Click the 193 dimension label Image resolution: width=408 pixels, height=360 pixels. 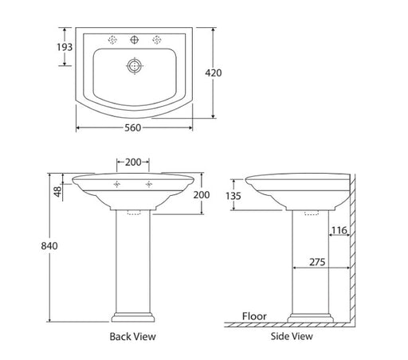coord(65,47)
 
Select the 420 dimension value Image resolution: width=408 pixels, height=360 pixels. coord(214,72)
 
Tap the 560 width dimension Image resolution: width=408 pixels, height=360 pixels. coord(133,128)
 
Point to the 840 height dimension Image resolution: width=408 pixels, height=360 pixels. coord(49,246)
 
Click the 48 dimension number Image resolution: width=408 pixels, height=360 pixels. coord(57,191)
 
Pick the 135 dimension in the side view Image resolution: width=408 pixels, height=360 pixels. coord(233,196)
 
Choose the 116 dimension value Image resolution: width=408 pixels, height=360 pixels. coord(339,230)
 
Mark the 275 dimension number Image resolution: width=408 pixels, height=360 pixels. coord(317,262)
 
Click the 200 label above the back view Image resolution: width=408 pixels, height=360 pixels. coord(133,162)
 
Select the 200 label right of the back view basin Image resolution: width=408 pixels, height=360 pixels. coord(202,195)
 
